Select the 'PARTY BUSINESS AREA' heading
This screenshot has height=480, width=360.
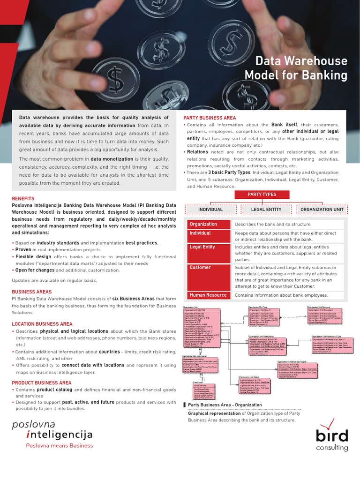click(x=210, y=118)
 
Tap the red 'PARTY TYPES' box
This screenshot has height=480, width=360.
click(x=262, y=195)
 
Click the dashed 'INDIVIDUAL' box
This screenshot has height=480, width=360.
click(x=210, y=210)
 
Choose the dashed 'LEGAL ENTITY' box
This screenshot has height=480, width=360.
click(x=265, y=210)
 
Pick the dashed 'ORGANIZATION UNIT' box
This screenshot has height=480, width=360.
click(x=321, y=210)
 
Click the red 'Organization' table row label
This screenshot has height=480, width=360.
click(x=209, y=225)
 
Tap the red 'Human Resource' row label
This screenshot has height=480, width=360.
click(x=209, y=295)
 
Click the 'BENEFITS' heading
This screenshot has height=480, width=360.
click(x=23, y=199)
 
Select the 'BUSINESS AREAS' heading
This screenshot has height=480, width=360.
click(x=32, y=292)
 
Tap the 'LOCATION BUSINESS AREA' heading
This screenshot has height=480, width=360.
click(x=42, y=324)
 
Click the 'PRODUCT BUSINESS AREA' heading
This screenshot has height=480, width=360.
click(x=42, y=383)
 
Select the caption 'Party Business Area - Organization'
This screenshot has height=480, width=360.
click(x=225, y=405)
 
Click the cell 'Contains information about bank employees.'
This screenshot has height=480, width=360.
click(x=281, y=295)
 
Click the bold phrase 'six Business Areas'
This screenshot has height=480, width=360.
click(x=133, y=299)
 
